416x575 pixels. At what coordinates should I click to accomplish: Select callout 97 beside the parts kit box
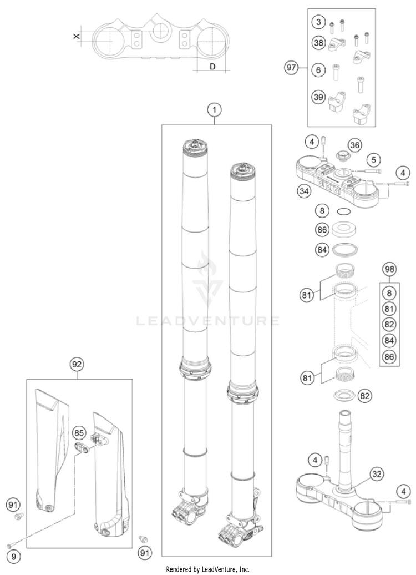(291, 68)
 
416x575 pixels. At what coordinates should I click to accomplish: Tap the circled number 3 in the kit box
(317, 23)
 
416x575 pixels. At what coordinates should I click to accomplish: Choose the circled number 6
(317, 70)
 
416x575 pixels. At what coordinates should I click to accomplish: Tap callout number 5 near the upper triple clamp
(375, 160)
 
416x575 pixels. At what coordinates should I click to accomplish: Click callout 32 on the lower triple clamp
(377, 475)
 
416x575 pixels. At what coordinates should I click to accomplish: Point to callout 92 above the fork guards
(77, 365)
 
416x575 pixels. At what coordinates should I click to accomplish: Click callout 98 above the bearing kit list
(390, 269)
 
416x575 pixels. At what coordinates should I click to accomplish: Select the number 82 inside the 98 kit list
(390, 325)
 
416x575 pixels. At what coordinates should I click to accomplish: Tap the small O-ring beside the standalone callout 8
(344, 211)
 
